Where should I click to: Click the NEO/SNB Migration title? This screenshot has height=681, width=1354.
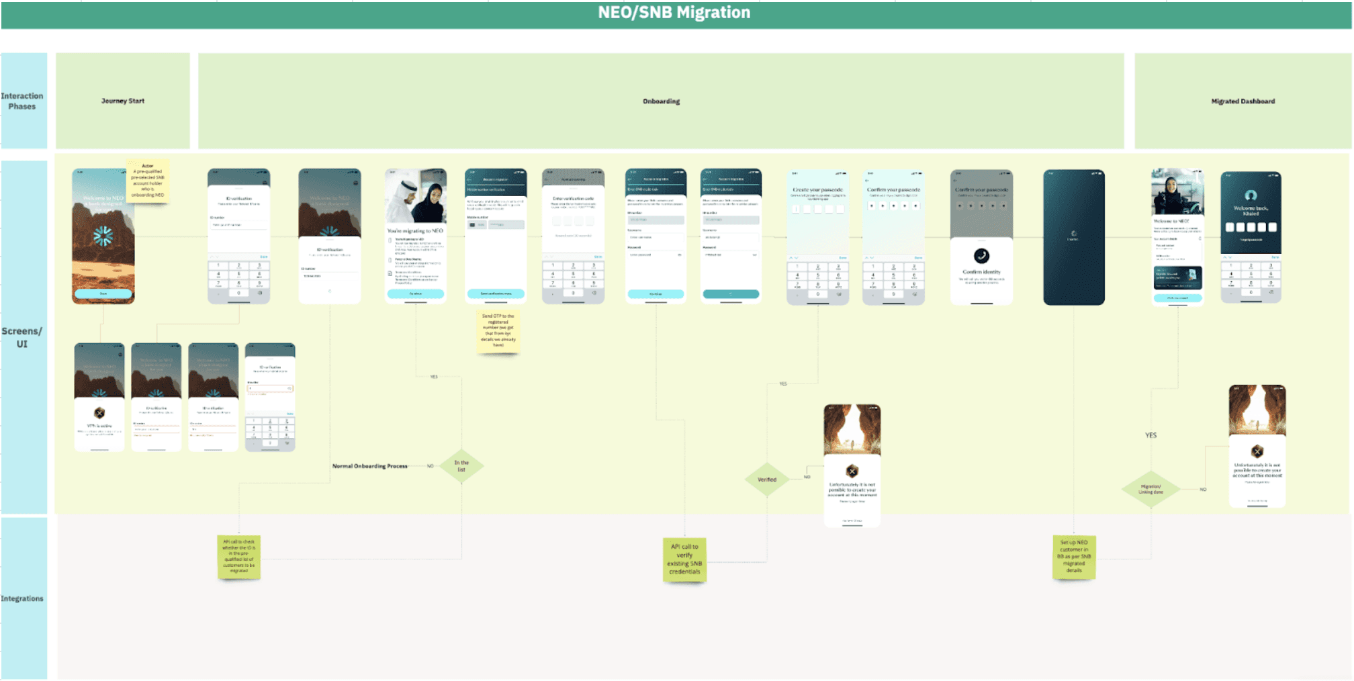674,13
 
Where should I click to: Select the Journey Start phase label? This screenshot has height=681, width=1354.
123,101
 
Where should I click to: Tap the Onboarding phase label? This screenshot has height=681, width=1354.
661,101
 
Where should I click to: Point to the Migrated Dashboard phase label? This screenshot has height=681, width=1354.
1243,101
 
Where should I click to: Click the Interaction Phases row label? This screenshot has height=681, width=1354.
22,101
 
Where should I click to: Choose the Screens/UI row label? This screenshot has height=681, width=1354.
22,337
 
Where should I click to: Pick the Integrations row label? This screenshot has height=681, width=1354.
22,598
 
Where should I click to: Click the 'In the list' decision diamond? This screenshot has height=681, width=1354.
461,466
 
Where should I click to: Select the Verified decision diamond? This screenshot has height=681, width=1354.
767,480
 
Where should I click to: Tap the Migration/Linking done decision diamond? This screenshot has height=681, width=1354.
1150,489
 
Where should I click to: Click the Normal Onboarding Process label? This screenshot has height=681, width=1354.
370,466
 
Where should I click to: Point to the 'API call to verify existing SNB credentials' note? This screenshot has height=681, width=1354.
684,559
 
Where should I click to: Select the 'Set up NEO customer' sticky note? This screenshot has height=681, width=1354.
1074,557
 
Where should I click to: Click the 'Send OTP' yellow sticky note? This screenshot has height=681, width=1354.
498,330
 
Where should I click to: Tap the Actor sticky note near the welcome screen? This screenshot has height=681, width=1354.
148,181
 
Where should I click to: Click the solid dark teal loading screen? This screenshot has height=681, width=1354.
1073,237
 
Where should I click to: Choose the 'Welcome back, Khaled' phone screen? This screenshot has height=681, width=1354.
1251,236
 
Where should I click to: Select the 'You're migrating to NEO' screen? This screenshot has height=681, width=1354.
415,236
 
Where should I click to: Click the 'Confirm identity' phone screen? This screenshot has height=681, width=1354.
981,237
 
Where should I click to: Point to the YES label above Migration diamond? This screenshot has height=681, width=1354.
1150,435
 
